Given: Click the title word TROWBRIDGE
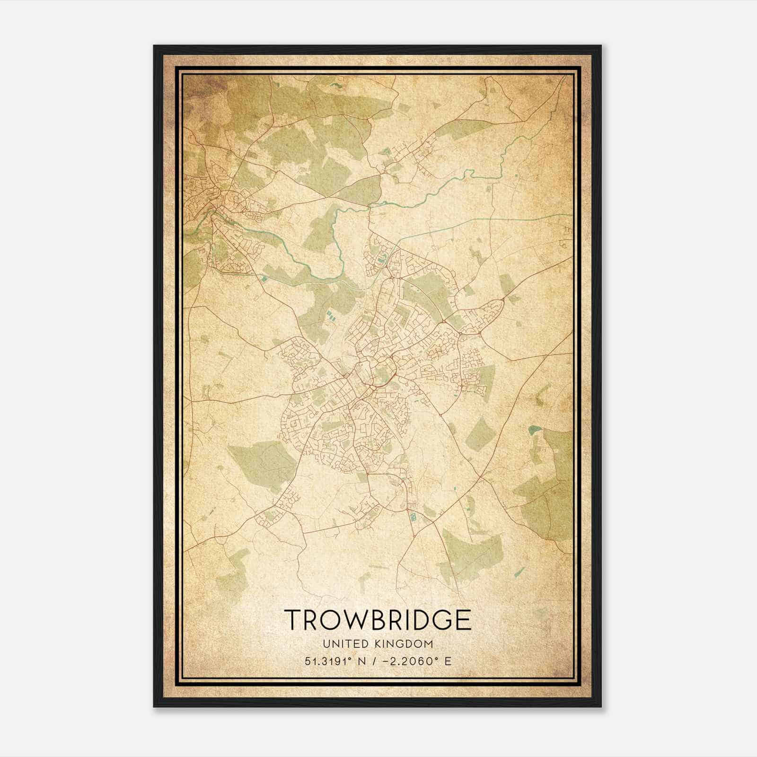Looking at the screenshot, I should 378,619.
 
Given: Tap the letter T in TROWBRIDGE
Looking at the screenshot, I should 292,619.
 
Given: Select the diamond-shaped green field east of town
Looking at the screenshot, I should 479,434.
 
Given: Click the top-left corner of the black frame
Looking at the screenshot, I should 155,46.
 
